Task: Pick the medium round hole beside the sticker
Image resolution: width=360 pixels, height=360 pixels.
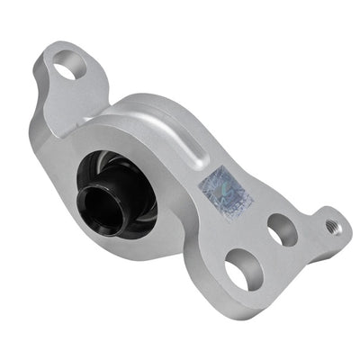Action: [x=281, y=229]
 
